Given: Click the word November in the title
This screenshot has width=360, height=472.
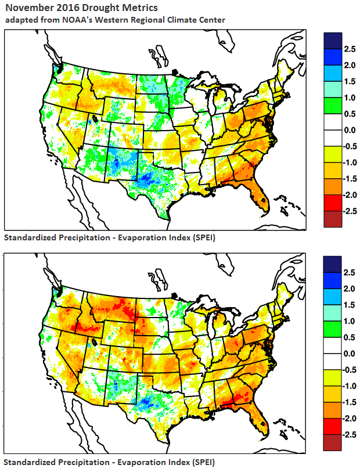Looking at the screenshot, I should [30, 8].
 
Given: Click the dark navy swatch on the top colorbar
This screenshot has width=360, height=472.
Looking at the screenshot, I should [333, 41].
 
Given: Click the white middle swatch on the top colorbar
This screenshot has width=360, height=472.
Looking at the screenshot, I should [333, 138].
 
